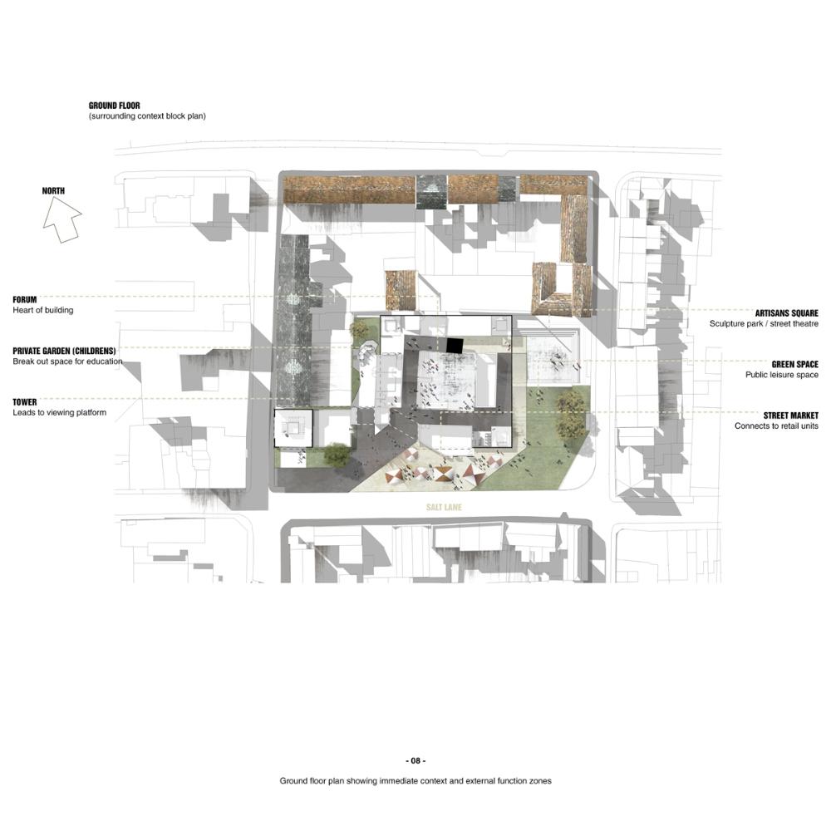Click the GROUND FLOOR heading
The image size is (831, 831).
115,106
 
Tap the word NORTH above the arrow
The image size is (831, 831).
53,191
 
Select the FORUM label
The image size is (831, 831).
25,299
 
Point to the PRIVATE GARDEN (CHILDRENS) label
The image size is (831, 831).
64,351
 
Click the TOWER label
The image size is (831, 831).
25,402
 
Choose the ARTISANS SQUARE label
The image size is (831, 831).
786,313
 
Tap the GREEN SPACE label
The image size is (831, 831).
795,364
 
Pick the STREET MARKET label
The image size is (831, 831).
791,415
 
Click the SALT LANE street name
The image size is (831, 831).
444,507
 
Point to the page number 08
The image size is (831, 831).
415,760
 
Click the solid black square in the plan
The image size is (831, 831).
455,346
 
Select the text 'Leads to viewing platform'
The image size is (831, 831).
59,412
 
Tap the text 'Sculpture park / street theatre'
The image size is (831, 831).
764,323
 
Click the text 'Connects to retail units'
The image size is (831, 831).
776,425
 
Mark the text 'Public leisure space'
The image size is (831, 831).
782,375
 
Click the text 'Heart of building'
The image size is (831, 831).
43,310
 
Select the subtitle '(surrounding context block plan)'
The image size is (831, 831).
147,116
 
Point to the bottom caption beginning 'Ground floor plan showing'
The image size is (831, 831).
415,780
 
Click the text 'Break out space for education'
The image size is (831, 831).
67,361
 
